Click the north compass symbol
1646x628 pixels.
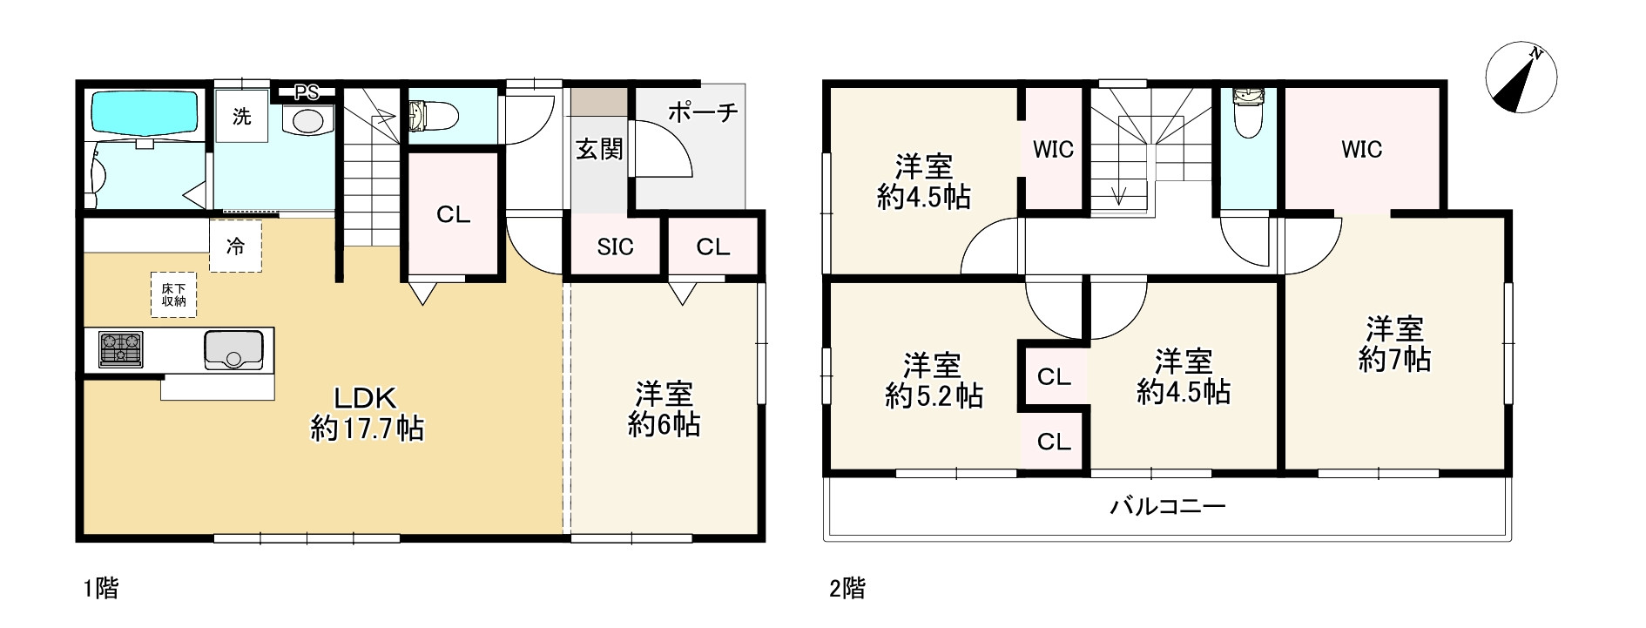coord(1520,77)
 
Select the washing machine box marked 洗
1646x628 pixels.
coord(241,116)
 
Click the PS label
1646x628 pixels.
coord(306,91)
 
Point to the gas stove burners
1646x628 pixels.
coord(121,348)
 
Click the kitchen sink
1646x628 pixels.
coord(233,349)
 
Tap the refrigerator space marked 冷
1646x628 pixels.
coord(235,246)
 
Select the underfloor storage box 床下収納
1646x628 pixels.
coord(173,294)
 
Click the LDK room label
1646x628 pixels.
coord(366,398)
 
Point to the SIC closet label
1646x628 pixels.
coord(615,247)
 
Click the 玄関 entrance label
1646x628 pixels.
coord(599,149)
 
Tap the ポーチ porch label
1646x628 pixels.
coord(703,111)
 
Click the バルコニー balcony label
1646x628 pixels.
coord(1167,506)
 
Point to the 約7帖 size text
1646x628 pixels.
coord(1393,359)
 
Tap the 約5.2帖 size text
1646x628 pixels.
coord(934,396)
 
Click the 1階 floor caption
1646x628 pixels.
coord(100,589)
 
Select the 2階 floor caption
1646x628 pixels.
coord(847,589)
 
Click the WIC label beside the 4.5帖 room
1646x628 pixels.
coord(1053,149)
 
